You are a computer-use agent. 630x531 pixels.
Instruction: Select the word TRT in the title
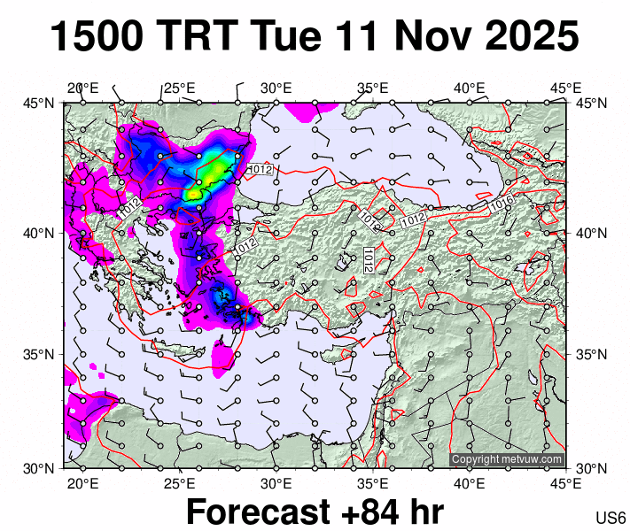pyautogui.click(x=200, y=37)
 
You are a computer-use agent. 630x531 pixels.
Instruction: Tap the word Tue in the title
pyautogui.click(x=288, y=37)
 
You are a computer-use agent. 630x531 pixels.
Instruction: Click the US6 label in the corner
pyautogui.click(x=611, y=518)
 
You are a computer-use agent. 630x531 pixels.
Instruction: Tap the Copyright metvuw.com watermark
pyautogui.click(x=507, y=459)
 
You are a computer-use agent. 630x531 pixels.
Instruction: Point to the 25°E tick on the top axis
pyautogui.click(x=180, y=88)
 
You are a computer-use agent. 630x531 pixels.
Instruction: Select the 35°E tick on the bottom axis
pyautogui.click(x=373, y=483)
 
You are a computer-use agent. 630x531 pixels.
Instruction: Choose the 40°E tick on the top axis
pyautogui.click(x=470, y=88)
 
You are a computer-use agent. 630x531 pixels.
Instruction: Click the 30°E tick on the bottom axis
pyautogui.click(x=276, y=483)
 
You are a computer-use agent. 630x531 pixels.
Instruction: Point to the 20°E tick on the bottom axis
pyautogui.click(x=82, y=483)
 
